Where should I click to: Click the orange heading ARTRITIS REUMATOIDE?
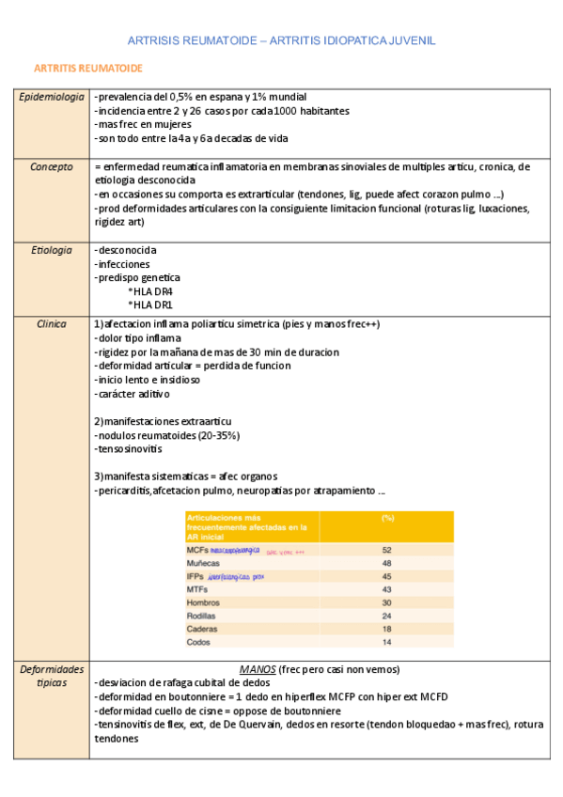[x=88, y=69]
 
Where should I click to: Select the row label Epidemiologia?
[x=52, y=97]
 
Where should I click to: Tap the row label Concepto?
[x=52, y=166]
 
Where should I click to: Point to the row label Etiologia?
[x=52, y=250]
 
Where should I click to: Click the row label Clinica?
[x=52, y=323]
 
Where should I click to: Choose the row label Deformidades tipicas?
[x=52, y=676]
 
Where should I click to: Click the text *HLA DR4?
[x=150, y=291]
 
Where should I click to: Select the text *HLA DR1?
[x=150, y=305]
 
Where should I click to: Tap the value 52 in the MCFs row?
[x=386, y=550]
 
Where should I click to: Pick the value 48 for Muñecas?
[x=386, y=563]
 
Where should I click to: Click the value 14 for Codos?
[x=386, y=642]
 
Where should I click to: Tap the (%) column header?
[x=386, y=519]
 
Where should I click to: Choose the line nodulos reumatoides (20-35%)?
[x=167, y=435]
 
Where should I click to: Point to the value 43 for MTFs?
[x=386, y=589]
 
